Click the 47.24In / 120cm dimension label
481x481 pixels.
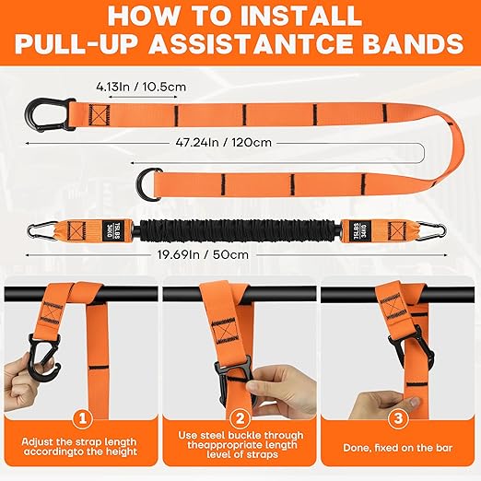[240, 143]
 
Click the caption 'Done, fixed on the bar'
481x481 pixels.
[398, 447]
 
